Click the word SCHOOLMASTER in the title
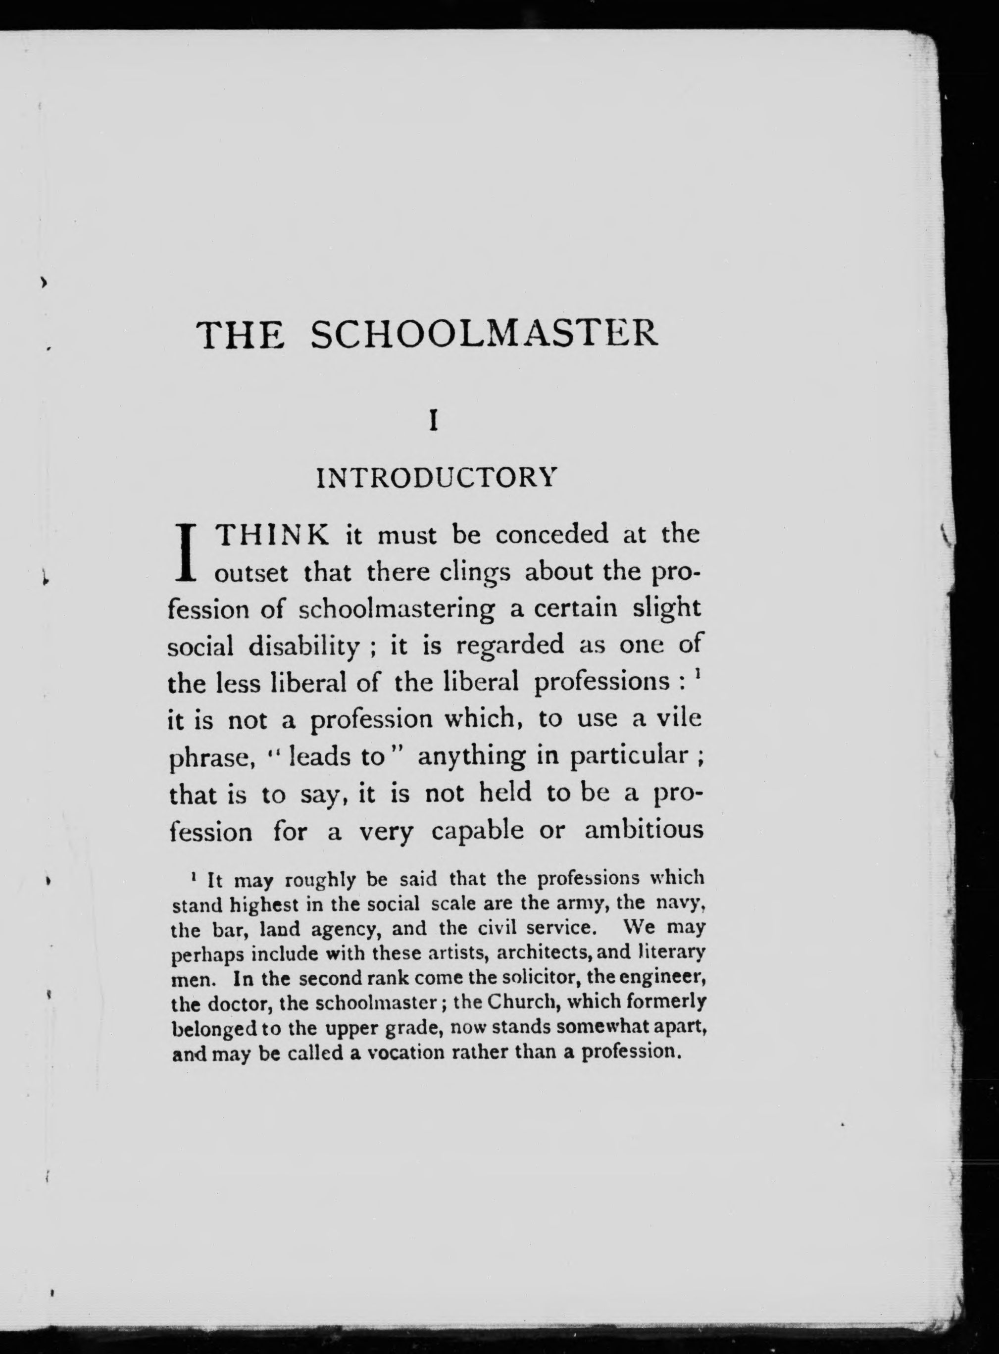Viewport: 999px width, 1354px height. (x=484, y=335)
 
